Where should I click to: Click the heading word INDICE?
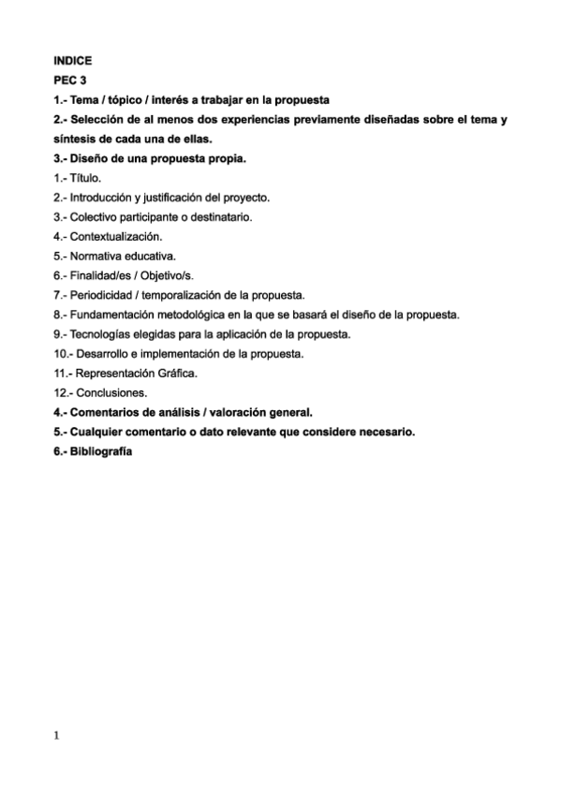[73, 61]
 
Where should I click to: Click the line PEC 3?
[69, 81]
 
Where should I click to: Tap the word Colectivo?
[95, 217]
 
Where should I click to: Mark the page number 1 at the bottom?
[57, 735]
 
